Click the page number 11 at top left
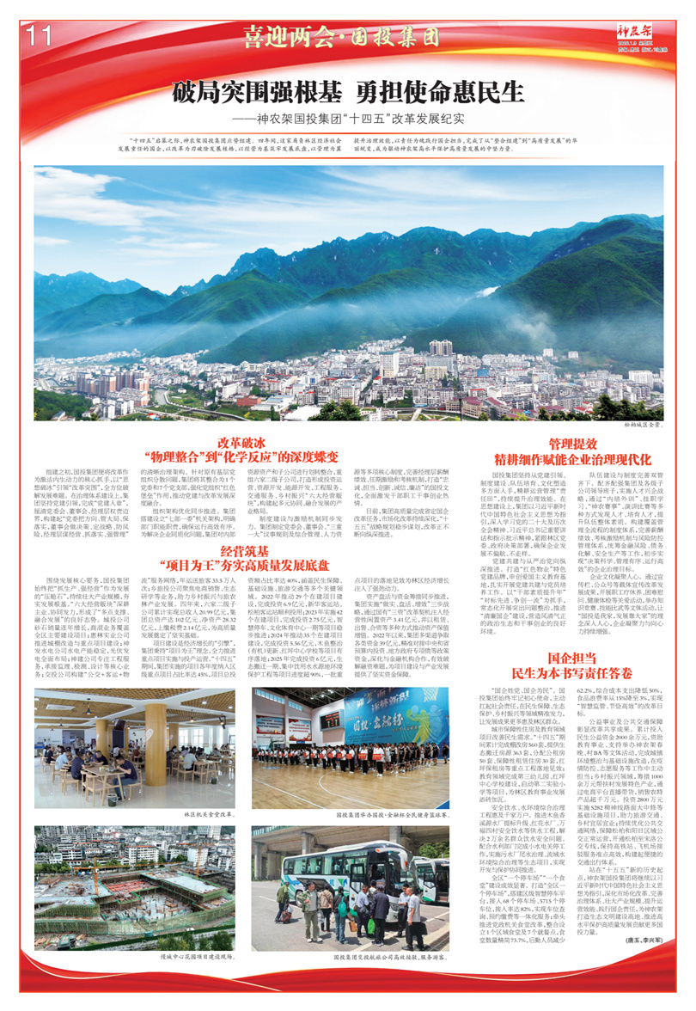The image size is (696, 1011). click(40, 36)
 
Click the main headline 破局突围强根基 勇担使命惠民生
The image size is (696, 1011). click(348, 91)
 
